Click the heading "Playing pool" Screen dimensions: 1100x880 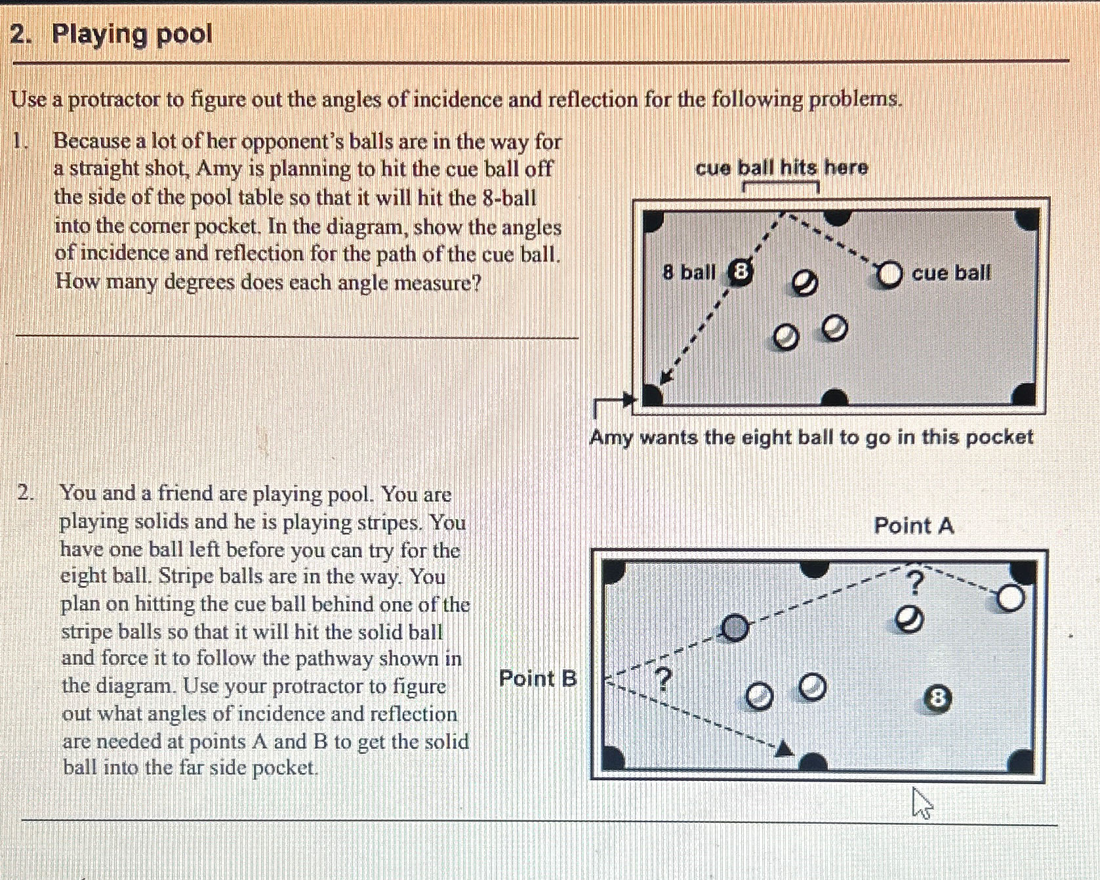point(132,34)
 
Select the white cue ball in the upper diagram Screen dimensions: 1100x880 point(889,274)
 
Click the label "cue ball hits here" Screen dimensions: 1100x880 point(781,168)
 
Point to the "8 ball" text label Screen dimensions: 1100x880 point(689,272)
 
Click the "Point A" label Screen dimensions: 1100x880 point(914,526)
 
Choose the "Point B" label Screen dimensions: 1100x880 point(538,678)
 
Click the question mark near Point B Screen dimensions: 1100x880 point(664,679)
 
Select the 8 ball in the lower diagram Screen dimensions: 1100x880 point(937,698)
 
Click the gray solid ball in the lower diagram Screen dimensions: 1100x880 point(735,628)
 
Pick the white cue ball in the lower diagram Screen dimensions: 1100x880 point(1011,598)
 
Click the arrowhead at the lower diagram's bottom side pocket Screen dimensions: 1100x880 point(783,749)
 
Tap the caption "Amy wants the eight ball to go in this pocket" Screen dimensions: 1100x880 point(811,437)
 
